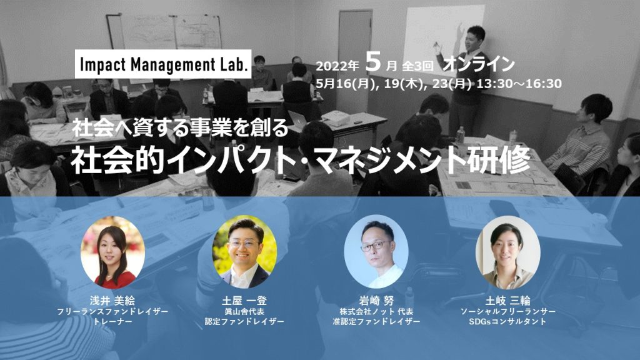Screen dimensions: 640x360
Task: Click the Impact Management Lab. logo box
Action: click(x=163, y=64)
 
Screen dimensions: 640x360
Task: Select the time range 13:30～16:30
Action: click(x=519, y=84)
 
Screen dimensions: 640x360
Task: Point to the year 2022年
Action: click(x=337, y=66)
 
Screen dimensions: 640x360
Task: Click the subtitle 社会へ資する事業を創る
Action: click(x=181, y=128)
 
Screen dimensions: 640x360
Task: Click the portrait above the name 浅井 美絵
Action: click(x=112, y=253)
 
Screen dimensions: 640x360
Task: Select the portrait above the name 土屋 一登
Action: click(x=244, y=252)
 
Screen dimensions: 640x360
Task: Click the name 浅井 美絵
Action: click(x=112, y=301)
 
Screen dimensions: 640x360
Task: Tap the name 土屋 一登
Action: click(x=244, y=301)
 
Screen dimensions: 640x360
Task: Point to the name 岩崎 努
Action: click(x=376, y=301)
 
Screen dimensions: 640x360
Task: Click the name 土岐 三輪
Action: click(x=507, y=301)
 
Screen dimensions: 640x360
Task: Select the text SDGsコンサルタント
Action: click(x=507, y=321)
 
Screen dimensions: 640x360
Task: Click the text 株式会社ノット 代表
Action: click(x=376, y=311)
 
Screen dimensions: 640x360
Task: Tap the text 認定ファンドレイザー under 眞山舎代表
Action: click(x=244, y=321)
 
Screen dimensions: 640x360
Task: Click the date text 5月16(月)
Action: click(x=345, y=84)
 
